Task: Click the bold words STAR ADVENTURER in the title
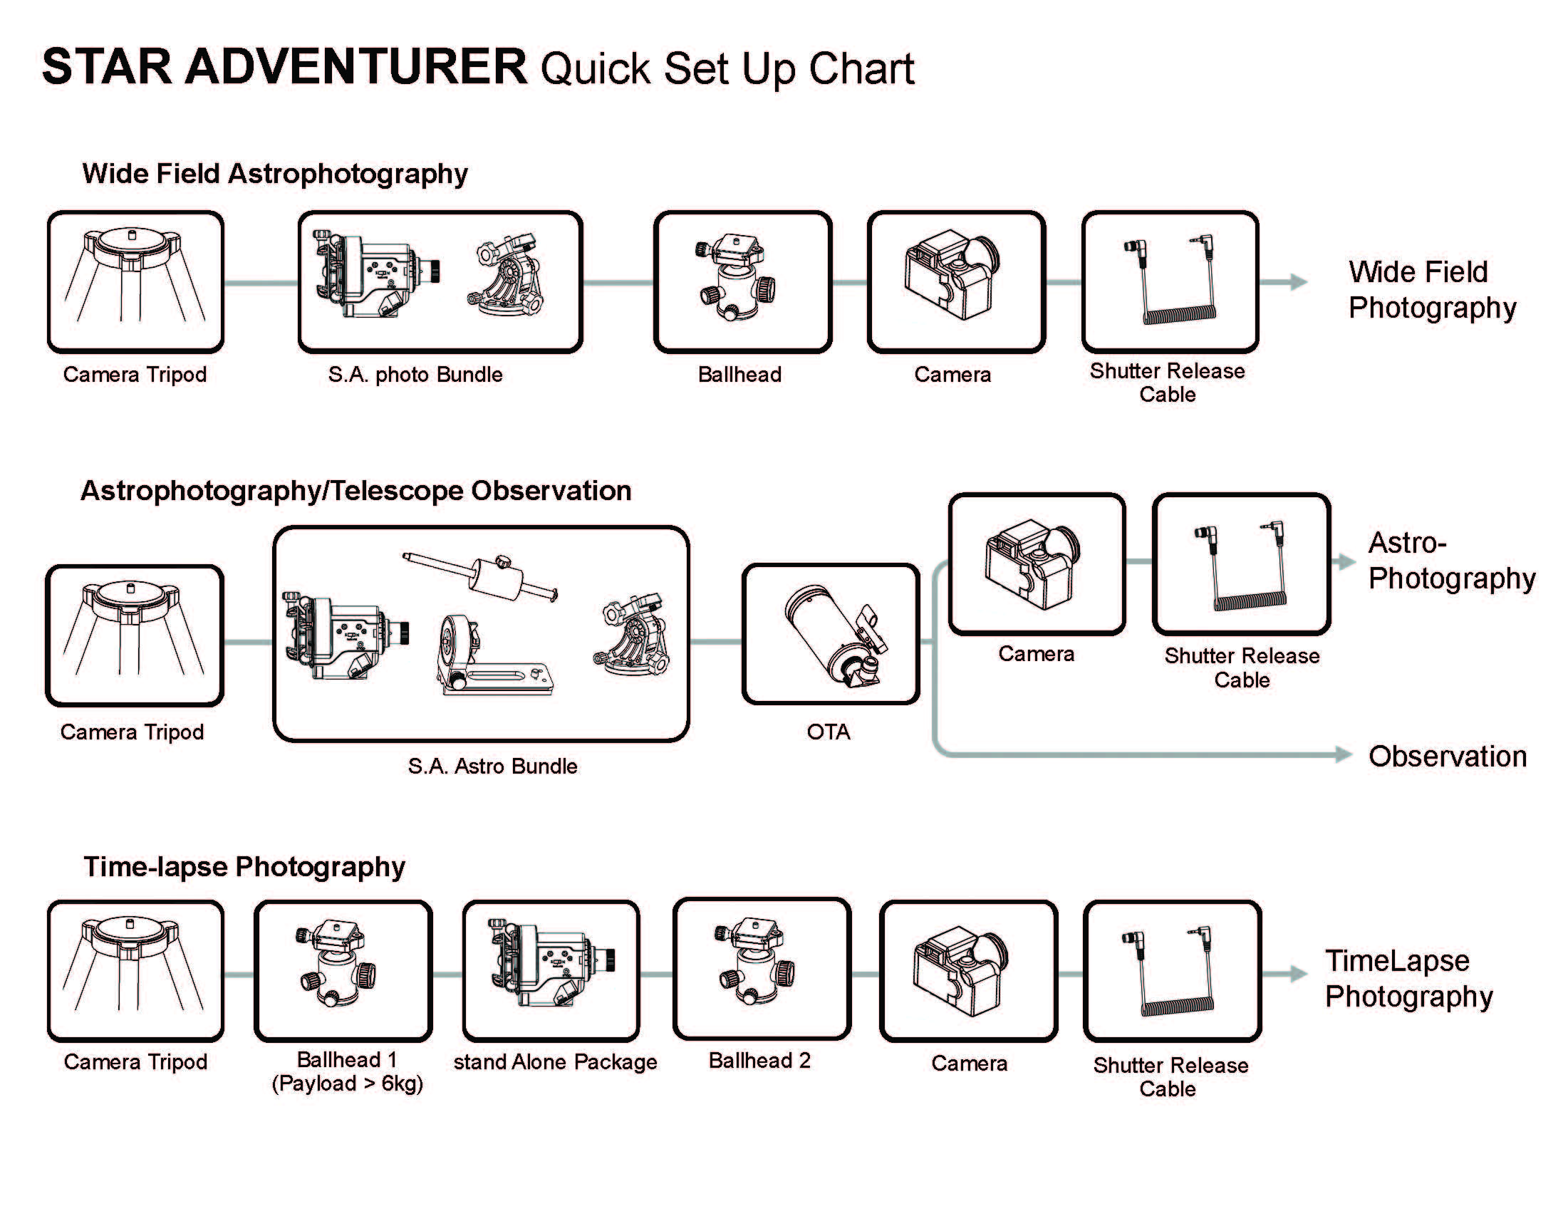coord(284,67)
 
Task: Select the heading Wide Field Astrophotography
coord(275,174)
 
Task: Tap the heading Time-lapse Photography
coord(244,866)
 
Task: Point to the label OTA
coord(829,732)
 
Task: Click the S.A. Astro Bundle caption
coord(492,766)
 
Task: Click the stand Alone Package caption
coord(555,1061)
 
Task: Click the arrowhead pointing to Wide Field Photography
coord(1298,282)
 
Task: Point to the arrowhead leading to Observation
coord(1344,754)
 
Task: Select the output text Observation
coord(1448,757)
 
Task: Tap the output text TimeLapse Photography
coord(1408,979)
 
